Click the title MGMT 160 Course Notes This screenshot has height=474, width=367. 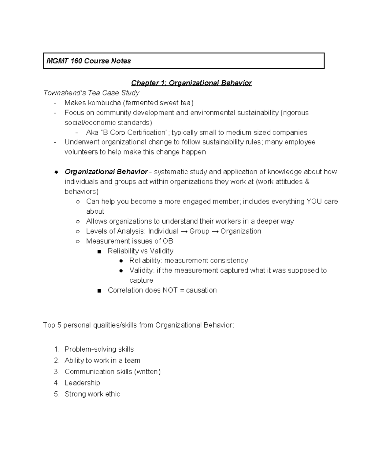tap(88, 61)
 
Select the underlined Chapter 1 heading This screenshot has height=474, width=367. tap(191, 83)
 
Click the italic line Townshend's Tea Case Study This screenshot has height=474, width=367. tap(91, 93)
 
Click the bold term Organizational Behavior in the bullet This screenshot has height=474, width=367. tap(106, 172)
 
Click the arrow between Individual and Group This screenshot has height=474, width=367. tap(183, 231)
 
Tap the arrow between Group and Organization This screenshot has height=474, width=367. tap(215, 231)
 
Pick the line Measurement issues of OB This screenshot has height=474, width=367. tap(129, 241)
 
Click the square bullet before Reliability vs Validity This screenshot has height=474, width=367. tap(99, 251)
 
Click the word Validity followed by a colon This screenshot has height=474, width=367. tap(142, 270)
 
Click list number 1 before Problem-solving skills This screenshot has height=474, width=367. tap(56, 349)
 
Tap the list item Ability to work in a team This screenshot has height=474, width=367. tap(102, 360)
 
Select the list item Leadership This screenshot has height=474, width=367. tap(82, 383)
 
